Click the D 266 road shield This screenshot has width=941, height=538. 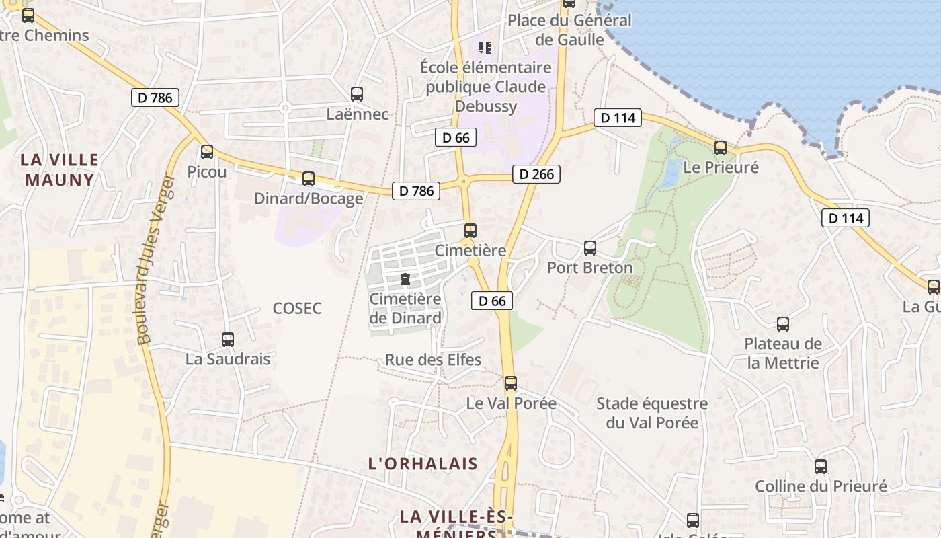[x=536, y=174]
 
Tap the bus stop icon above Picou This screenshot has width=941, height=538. [x=207, y=152]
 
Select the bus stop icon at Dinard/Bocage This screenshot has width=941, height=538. [x=309, y=179]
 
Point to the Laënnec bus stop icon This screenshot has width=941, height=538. [x=357, y=94]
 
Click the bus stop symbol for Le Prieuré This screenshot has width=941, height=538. [x=721, y=148]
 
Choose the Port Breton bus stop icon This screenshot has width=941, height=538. [x=590, y=248]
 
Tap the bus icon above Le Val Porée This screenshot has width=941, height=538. [x=511, y=383]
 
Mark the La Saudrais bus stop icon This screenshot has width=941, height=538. [x=228, y=340]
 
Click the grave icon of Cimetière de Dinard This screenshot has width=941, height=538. [x=405, y=279]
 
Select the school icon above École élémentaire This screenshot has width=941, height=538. [x=485, y=48]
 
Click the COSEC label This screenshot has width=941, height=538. [x=297, y=309]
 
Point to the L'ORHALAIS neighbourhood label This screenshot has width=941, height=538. [x=423, y=463]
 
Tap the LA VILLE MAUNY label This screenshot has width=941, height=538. [x=60, y=169]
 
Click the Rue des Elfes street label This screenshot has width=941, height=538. [x=433, y=360]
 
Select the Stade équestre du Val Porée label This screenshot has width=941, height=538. [x=652, y=413]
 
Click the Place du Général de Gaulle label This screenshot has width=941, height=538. [x=570, y=30]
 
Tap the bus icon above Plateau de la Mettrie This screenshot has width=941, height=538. [x=783, y=324]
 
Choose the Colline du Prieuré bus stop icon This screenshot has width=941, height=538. [x=821, y=467]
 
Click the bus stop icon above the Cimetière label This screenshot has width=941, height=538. [x=470, y=231]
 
